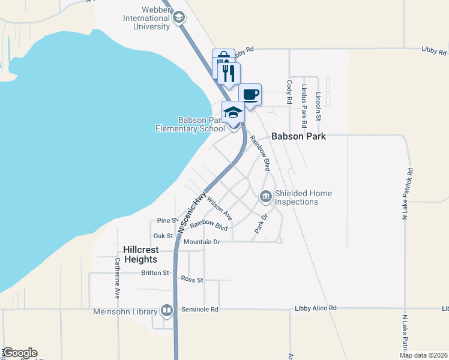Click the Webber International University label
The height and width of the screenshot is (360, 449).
click(x=148, y=18)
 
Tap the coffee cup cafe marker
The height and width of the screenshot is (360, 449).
click(x=250, y=94)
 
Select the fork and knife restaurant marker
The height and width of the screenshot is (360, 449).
click(x=229, y=73)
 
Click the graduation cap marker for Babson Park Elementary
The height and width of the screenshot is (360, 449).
click(x=233, y=112)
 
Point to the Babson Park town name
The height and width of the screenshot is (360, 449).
click(x=298, y=136)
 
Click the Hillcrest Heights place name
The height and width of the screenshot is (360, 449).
click(x=131, y=254)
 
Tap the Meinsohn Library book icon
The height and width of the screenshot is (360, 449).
click(x=167, y=311)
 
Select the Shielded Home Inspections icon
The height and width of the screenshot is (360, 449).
click(x=265, y=196)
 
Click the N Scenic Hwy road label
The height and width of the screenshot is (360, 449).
click(x=193, y=212)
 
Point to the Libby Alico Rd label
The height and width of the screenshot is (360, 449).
click(x=316, y=308)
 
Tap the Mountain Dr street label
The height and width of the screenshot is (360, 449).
click(x=203, y=242)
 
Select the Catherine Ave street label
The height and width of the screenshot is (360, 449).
click(x=117, y=278)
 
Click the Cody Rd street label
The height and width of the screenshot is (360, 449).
click(x=289, y=93)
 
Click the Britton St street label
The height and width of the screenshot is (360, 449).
click(x=155, y=272)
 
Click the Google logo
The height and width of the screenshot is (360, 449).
click(x=19, y=353)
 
